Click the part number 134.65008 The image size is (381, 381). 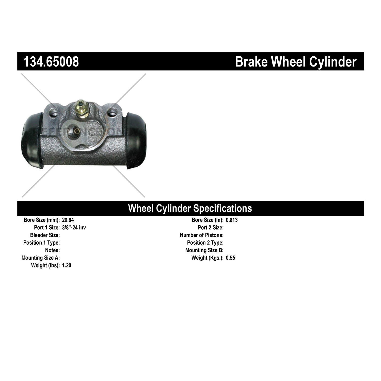(x=51, y=62)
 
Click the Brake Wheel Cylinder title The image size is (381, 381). (x=295, y=62)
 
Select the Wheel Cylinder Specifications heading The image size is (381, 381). (x=190, y=208)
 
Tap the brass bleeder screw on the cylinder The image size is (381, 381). (x=82, y=109)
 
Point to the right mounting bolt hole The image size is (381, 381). (x=111, y=112)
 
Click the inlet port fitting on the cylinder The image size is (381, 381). (x=76, y=131)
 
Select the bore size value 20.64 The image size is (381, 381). (x=68, y=220)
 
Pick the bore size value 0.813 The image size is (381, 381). (x=232, y=220)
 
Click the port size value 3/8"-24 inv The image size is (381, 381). (x=74, y=228)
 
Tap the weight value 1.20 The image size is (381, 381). (x=67, y=266)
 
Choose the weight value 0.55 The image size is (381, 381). (x=230, y=258)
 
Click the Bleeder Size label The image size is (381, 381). (x=45, y=235)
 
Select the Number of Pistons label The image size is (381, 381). (x=202, y=235)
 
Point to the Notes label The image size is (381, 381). (x=52, y=250)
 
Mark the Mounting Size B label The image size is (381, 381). (x=204, y=250)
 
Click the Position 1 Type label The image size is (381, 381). (x=41, y=243)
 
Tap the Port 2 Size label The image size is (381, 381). (x=211, y=228)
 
